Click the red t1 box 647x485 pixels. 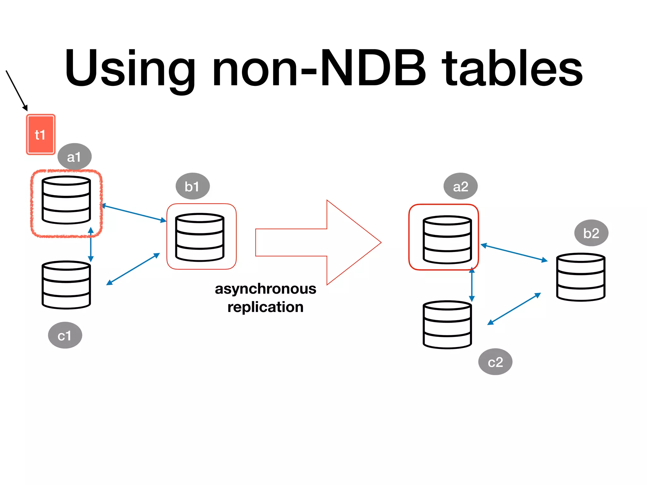(40, 135)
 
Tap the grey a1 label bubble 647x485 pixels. (75, 157)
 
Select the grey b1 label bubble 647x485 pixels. (192, 186)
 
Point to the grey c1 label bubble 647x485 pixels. (65, 335)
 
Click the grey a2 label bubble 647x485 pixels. (460, 186)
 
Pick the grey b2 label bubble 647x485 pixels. (591, 233)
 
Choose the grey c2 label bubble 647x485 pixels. (495, 362)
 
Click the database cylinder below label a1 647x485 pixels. (66, 200)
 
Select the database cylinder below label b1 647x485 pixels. (200, 237)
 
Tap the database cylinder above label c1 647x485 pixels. (66, 285)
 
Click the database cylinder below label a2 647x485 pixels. (447, 240)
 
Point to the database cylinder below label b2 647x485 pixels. (581, 277)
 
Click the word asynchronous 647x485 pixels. (265, 289)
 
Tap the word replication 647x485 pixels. (265, 307)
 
